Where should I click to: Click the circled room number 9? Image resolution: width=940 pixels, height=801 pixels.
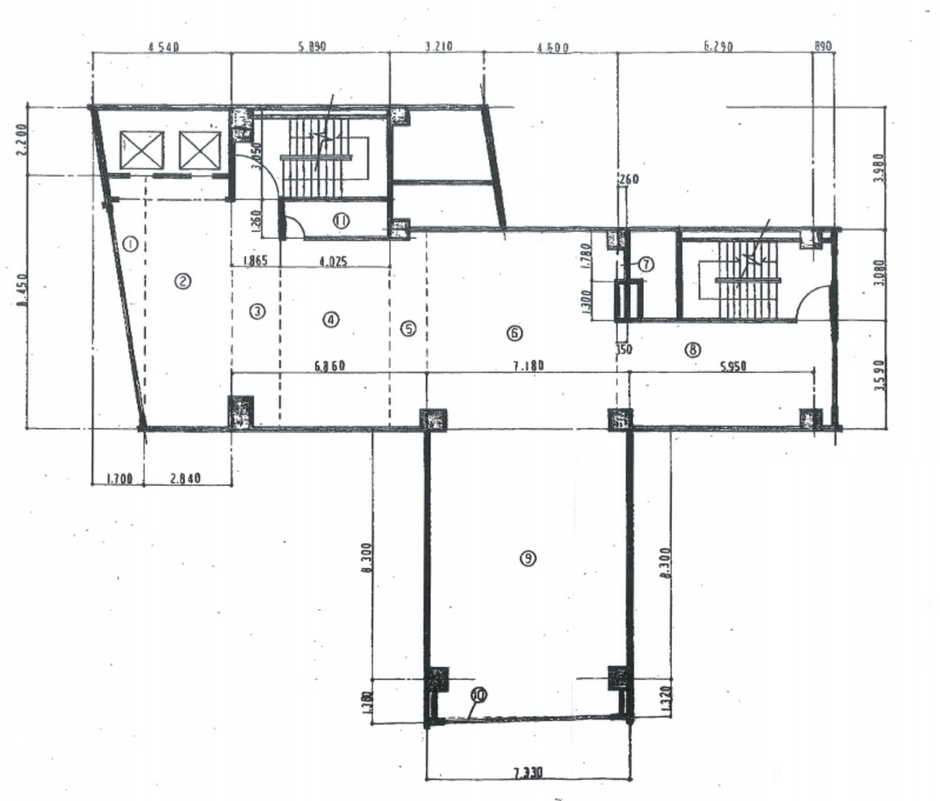(x=528, y=558)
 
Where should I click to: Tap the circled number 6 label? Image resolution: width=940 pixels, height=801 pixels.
(x=515, y=332)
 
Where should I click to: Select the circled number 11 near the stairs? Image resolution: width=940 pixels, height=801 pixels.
(x=341, y=222)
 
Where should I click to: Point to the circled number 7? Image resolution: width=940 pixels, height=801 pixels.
(x=645, y=265)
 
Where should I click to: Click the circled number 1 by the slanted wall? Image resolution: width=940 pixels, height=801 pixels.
(x=131, y=244)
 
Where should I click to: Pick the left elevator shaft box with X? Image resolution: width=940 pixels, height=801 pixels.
(x=142, y=150)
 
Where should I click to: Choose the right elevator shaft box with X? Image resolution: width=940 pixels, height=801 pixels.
(x=201, y=150)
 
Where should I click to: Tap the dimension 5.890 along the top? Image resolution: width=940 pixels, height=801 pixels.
(x=311, y=47)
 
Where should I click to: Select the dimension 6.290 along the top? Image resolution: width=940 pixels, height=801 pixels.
(x=717, y=47)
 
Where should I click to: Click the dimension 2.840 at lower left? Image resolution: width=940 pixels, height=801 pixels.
(x=186, y=477)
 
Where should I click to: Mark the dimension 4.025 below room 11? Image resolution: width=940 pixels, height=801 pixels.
(x=332, y=262)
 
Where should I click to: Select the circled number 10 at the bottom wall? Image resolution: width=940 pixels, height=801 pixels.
(x=479, y=694)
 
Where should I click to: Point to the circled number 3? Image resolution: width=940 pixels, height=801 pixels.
(x=256, y=311)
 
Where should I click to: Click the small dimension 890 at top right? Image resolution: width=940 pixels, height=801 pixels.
(x=822, y=47)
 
